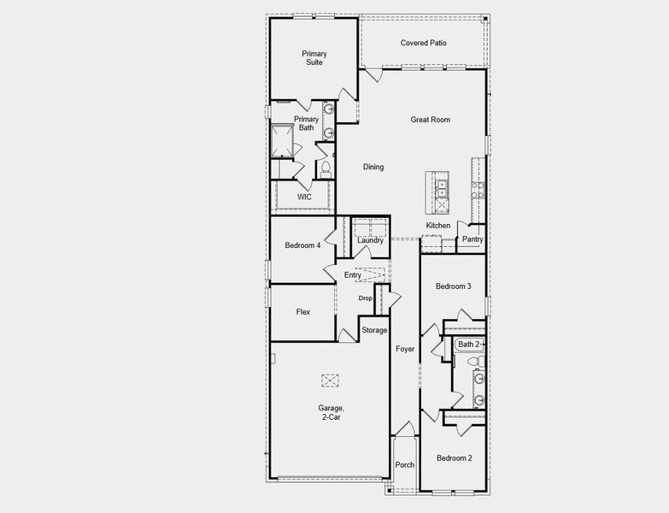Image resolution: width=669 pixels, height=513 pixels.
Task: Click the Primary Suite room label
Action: (314, 58)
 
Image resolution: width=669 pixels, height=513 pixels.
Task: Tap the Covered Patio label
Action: (424, 43)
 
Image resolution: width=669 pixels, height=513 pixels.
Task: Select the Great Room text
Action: (430, 120)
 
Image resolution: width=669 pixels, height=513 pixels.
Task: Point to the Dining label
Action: (373, 167)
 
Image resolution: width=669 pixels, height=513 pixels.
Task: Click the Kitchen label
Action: (438, 226)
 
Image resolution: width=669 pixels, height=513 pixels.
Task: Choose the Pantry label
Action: (472, 239)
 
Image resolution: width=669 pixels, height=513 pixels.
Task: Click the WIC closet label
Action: (304, 197)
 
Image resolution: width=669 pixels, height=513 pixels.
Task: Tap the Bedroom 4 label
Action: (302, 245)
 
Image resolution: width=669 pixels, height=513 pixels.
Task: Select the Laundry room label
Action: (370, 240)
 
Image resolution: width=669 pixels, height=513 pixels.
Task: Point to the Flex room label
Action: (302, 312)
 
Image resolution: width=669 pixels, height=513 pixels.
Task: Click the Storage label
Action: (374, 330)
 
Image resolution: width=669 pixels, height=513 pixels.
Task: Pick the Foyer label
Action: (404, 349)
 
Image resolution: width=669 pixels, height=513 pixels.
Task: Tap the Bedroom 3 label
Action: (453, 286)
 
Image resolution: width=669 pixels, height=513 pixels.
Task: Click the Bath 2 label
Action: (468, 345)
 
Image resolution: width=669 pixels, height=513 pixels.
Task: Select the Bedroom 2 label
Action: (454, 458)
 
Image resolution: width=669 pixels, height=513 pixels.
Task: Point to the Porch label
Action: (404, 465)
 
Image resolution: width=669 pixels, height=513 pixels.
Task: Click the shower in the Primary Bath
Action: (283, 139)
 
